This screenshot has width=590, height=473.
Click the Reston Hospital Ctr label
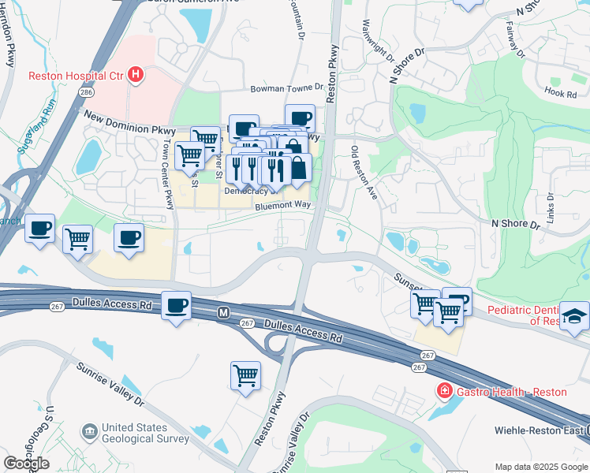[76, 76]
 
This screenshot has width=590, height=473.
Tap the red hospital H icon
[136, 76]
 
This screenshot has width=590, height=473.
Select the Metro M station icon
[224, 313]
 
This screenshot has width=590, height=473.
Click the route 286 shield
[84, 91]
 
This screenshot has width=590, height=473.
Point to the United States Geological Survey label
[145, 434]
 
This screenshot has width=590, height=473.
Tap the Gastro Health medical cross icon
[445, 391]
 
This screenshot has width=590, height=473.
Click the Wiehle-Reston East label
[539, 430]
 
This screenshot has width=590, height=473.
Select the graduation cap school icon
[574, 317]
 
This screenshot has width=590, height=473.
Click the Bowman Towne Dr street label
[287, 89]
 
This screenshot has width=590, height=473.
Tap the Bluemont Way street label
[282, 205]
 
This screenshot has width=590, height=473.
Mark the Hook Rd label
[556, 91]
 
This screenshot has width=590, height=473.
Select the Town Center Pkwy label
[167, 175]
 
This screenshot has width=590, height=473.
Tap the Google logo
[26, 464]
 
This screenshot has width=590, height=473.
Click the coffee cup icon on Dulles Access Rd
[177, 306]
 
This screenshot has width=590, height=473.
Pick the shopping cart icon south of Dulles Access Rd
[245, 375]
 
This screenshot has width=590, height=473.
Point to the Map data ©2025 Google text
[540, 467]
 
